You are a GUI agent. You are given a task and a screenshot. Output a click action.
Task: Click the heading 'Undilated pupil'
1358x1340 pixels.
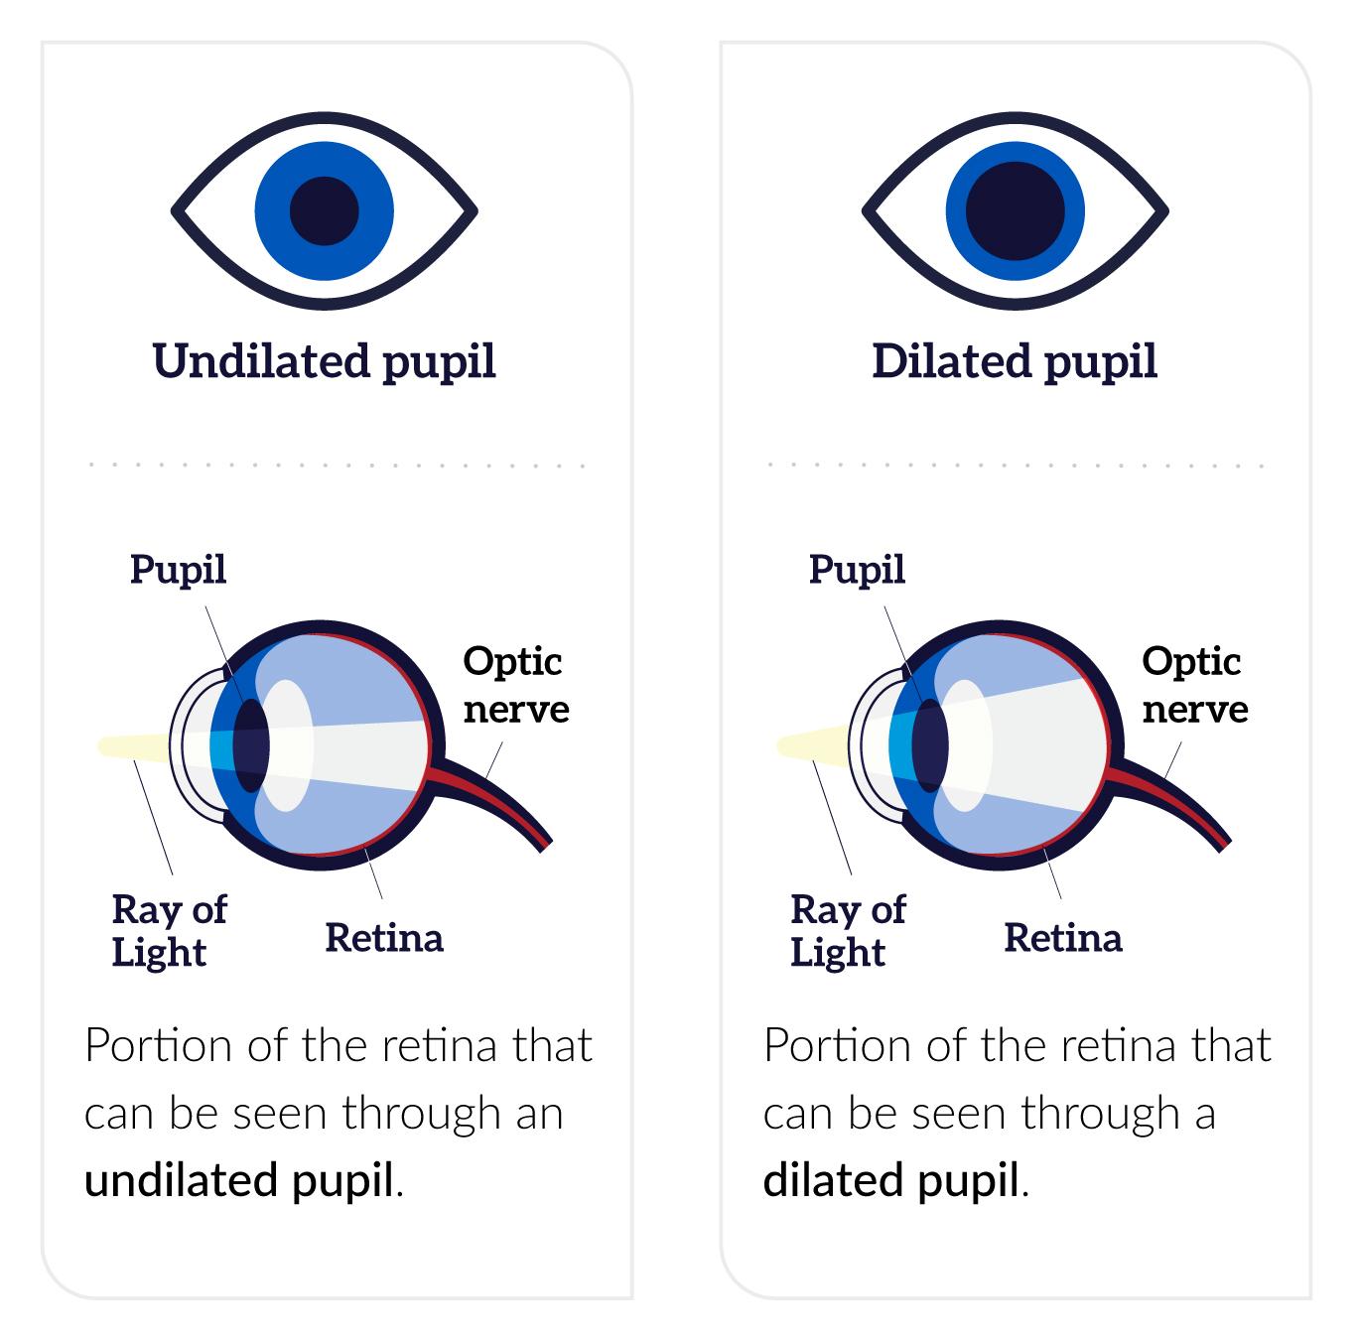pyautogui.click(x=324, y=361)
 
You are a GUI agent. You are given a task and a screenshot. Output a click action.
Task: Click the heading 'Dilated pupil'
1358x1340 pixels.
pyautogui.click(x=1015, y=361)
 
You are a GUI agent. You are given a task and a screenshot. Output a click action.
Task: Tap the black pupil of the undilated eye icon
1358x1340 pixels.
pyautogui.click(x=324, y=211)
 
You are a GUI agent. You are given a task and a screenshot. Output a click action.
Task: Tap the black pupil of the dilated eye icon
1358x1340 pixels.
pyautogui.click(x=1015, y=211)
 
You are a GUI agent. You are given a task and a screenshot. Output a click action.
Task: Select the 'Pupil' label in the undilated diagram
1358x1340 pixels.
pyautogui.click(x=179, y=570)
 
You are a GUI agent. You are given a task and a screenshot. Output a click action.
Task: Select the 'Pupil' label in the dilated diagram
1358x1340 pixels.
pyautogui.click(x=857, y=570)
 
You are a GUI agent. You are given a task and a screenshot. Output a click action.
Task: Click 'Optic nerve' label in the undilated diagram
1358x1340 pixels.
pyautogui.click(x=515, y=685)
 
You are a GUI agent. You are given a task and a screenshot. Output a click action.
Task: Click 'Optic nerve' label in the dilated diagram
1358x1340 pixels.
pyautogui.click(x=1194, y=685)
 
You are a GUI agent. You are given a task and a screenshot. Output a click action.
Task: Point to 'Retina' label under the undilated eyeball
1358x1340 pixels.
pyautogui.click(x=383, y=937)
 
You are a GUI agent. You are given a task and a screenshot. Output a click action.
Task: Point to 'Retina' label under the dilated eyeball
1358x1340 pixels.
pyautogui.click(x=1062, y=937)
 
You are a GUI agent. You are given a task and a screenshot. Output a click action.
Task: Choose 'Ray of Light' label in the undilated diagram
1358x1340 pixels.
pyautogui.click(x=168, y=930)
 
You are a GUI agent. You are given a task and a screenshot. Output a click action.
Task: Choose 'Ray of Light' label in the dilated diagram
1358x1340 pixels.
pyautogui.click(x=847, y=930)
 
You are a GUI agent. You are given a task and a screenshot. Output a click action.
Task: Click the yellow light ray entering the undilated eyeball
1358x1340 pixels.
pyautogui.click(x=133, y=746)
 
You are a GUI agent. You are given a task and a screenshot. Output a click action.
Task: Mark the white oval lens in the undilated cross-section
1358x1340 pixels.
pyautogui.click(x=290, y=744)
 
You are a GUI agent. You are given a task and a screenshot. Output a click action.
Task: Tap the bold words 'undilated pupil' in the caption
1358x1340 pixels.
pyautogui.click(x=239, y=1180)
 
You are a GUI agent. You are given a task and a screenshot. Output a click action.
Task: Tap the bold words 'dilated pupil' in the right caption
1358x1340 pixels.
pyautogui.click(x=891, y=1180)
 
